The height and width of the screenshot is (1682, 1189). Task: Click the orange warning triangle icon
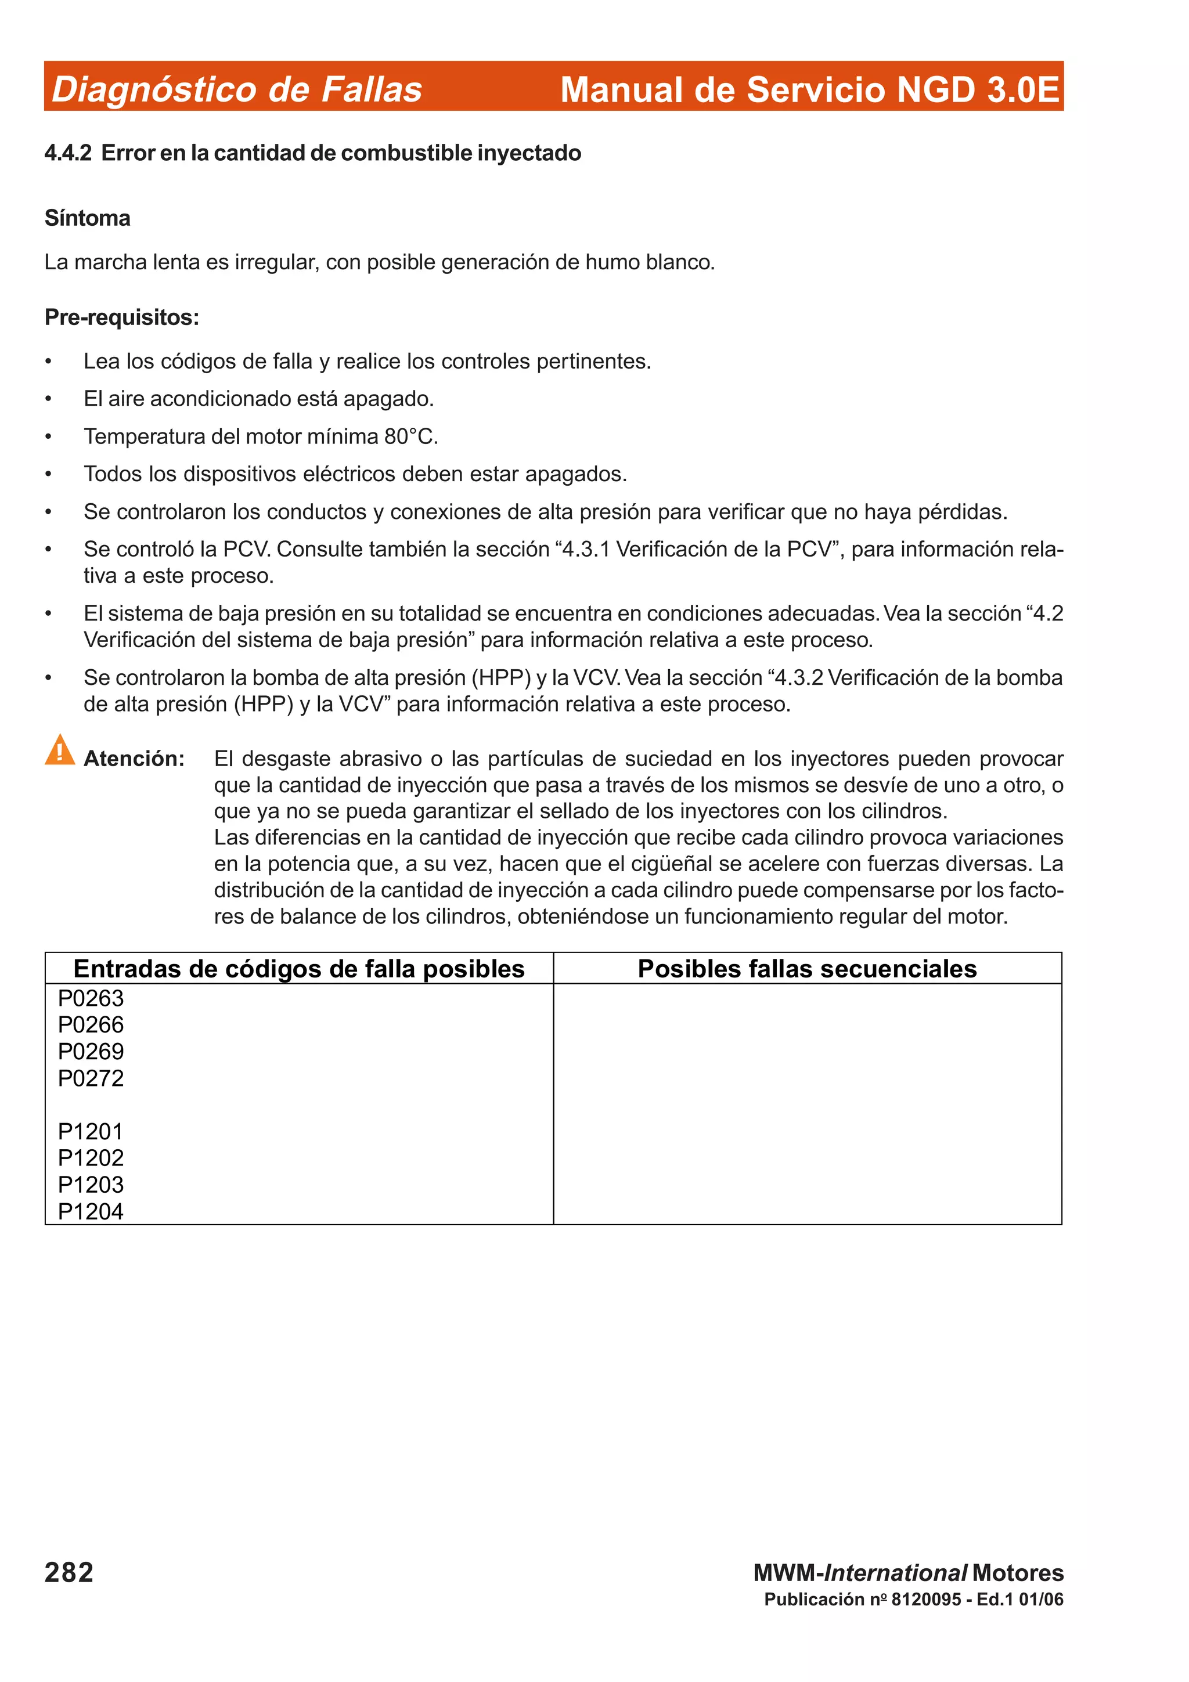click(x=59, y=750)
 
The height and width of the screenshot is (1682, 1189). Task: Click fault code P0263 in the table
click(x=91, y=998)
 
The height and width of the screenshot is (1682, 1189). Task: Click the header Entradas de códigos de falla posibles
click(x=299, y=969)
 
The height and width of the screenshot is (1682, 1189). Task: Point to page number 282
click(x=69, y=1572)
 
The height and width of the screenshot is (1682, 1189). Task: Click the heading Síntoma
click(x=87, y=218)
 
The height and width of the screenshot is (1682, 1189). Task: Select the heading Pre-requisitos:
click(x=121, y=317)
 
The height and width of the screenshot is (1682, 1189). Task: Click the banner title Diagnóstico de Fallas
click(x=237, y=89)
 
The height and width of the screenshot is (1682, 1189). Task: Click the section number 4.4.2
click(x=68, y=153)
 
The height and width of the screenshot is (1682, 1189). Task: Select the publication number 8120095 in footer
click(x=926, y=1599)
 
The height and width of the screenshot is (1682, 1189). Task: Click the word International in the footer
click(x=895, y=1573)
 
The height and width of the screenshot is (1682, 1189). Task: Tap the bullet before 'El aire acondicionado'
click(x=48, y=399)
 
